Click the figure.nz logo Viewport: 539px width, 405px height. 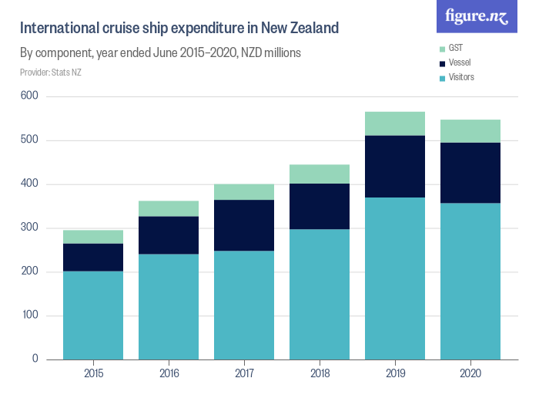click(477, 17)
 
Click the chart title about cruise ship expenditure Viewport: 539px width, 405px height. click(179, 29)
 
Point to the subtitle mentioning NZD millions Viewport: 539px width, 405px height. click(160, 53)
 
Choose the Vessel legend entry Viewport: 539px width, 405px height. click(460, 62)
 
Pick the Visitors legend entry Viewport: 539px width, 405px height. click(461, 77)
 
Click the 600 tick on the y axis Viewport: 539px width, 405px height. click(29, 96)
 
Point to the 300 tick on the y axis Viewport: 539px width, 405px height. click(29, 228)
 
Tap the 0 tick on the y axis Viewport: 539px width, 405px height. click(35, 359)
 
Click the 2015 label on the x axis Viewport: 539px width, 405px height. click(93, 374)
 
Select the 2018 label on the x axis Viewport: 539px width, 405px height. click(320, 374)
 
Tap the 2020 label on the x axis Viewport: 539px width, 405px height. click(470, 374)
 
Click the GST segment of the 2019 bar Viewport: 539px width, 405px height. click(395, 123)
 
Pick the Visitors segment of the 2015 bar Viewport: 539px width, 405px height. click(93, 315)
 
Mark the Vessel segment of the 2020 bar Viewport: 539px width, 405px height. click(470, 173)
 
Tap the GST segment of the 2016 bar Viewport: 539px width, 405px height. click(169, 208)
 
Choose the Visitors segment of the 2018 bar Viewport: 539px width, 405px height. click(320, 294)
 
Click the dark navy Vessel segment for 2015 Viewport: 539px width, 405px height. click(93, 257)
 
